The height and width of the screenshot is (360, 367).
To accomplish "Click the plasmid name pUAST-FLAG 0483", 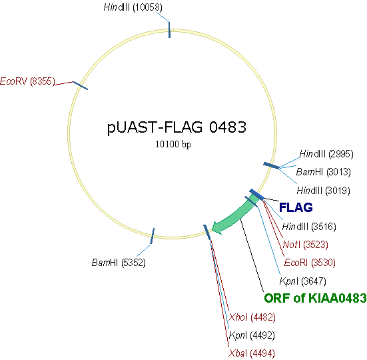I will click(x=181, y=127).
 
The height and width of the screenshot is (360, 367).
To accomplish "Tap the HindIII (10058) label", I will click(x=133, y=7).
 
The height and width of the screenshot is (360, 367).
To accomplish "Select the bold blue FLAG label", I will click(x=296, y=208).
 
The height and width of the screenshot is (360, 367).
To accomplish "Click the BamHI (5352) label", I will click(x=119, y=262).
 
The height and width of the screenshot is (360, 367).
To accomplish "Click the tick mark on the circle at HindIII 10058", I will click(x=169, y=30).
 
